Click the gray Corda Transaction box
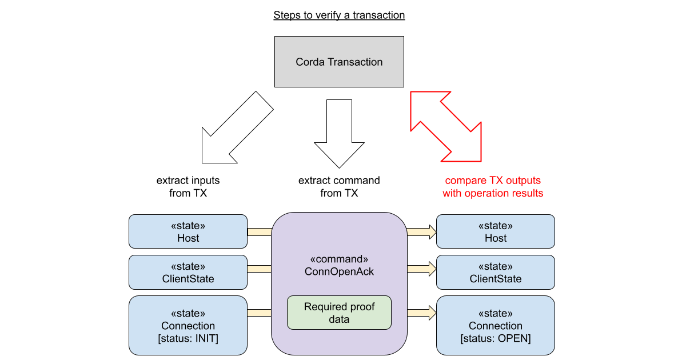click(x=339, y=62)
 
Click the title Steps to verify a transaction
click(x=339, y=15)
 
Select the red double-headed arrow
click(x=446, y=124)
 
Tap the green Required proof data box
click(x=339, y=313)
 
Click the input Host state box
click(x=188, y=231)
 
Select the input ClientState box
click(x=188, y=272)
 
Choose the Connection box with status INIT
click(x=188, y=325)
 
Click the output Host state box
click(x=495, y=231)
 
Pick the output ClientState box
click(x=495, y=272)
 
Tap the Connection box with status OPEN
click(x=495, y=325)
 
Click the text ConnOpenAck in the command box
click(x=339, y=272)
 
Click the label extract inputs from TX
click(x=188, y=187)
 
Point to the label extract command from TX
click(x=339, y=187)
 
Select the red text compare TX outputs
click(x=492, y=181)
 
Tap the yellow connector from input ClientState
click(x=259, y=269)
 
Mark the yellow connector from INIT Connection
click(x=259, y=313)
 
